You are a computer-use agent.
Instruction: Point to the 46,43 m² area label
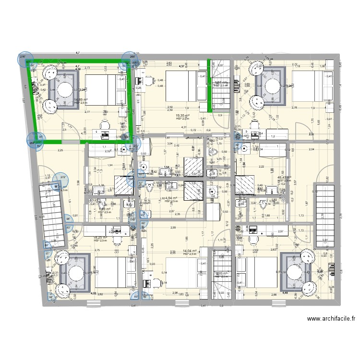tap(284, 178)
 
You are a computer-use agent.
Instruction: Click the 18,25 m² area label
tap(100, 237)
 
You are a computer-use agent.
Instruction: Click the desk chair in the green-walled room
tap(104, 126)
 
